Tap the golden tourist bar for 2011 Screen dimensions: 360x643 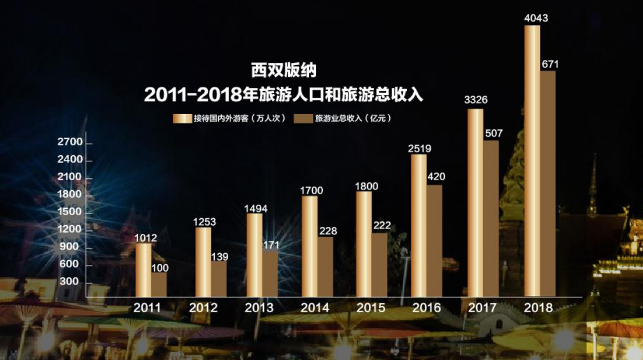click(143, 270)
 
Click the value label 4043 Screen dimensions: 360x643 click(535, 18)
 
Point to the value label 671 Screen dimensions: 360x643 click(550, 65)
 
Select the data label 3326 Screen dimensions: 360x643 click(475, 100)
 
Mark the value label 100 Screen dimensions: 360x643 click(159, 267)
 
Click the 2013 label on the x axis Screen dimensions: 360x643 click(259, 308)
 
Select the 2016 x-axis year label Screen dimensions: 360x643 click(426, 308)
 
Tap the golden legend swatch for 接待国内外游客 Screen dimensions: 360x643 click(182, 119)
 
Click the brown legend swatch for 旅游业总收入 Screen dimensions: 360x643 click(303, 119)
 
